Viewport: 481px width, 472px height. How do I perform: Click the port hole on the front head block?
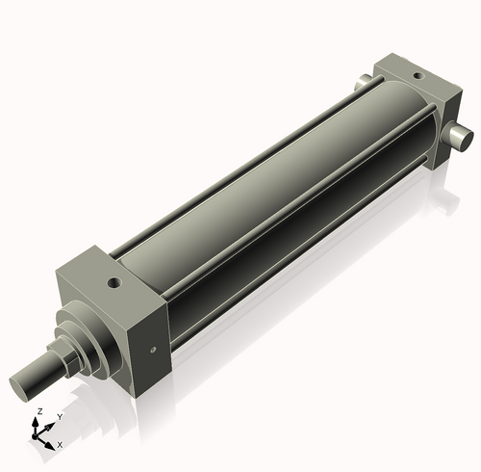(x=115, y=284)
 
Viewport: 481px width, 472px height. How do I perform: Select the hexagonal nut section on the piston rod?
(x=69, y=358)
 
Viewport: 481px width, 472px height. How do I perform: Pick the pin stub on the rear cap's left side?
(x=364, y=83)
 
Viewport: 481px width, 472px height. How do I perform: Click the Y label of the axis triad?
(x=60, y=416)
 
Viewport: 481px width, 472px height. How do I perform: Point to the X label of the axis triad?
(x=60, y=445)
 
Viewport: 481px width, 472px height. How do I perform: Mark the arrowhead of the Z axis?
(x=38, y=420)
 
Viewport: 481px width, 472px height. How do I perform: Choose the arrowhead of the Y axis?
(x=52, y=424)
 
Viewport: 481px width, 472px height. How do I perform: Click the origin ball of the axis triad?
(x=38, y=435)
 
